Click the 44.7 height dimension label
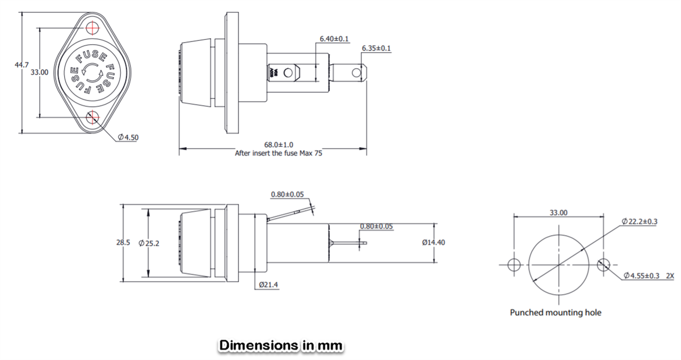(21, 66)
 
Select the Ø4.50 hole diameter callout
(129, 137)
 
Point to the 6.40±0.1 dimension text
(334, 39)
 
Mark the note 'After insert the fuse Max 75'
(278, 153)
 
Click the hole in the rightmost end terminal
(356, 73)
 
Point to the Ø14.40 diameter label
(434, 242)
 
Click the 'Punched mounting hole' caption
(555, 312)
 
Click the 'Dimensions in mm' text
(281, 345)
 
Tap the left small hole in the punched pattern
(514, 265)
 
